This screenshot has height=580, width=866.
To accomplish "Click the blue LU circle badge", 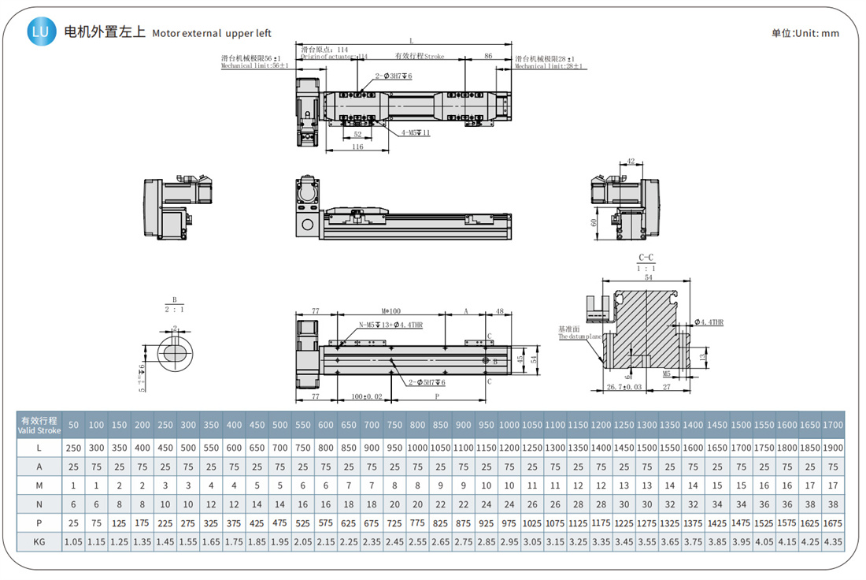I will click(42, 32).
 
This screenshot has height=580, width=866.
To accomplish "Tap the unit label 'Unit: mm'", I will click(805, 33).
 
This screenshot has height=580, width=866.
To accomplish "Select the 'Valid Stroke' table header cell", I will click(40, 425).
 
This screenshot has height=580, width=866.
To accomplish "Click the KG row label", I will click(40, 541).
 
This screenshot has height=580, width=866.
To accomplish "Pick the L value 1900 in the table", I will click(833, 447).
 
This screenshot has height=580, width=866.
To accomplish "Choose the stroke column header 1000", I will click(509, 425).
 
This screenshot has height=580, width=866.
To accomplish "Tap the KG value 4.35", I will click(833, 541).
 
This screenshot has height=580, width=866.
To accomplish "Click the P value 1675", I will click(833, 522).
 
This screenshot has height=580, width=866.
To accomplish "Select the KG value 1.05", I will click(73, 541).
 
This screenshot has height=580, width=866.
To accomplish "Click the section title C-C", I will click(646, 258).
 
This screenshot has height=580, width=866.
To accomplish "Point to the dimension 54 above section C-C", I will click(647, 278).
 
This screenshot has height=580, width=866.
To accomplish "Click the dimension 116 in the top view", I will click(357, 147).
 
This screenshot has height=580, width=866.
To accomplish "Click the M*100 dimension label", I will click(391, 311).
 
